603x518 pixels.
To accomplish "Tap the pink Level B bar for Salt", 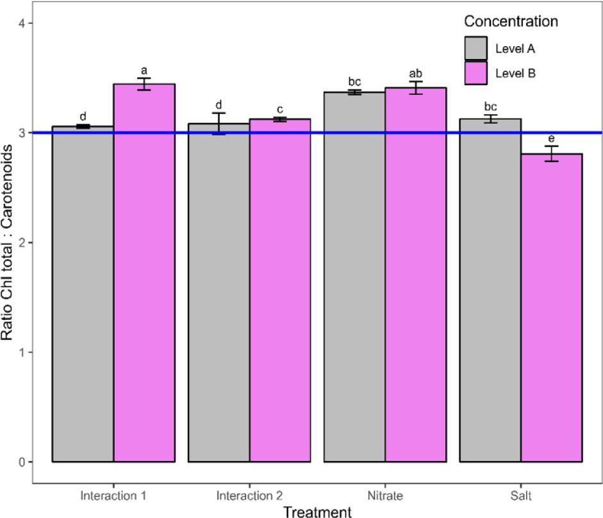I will click(551, 308).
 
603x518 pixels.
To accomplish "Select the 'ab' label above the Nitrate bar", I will click(416, 73).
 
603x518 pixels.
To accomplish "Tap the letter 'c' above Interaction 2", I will click(280, 109).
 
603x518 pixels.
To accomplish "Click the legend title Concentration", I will click(511, 21).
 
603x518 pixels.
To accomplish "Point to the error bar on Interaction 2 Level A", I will click(219, 123).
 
